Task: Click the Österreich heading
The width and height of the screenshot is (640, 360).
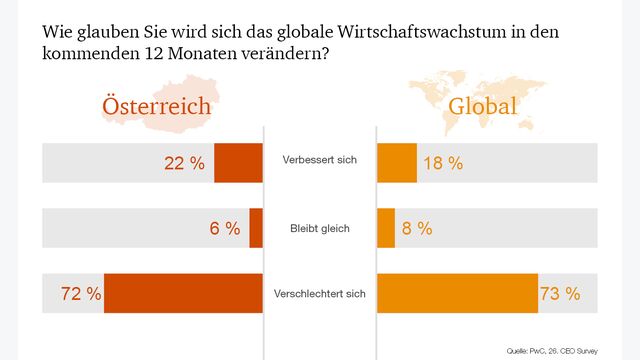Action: pos(154,107)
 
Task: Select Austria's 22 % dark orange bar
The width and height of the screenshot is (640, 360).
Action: pos(238,163)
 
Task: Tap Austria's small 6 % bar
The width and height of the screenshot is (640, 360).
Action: pos(256,228)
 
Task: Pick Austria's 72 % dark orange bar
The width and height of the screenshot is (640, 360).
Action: pos(183,293)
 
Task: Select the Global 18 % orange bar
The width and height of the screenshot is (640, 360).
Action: pos(396,163)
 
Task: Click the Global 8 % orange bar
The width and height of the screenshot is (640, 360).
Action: pos(386,228)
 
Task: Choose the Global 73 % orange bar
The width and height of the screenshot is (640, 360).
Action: pos(457,293)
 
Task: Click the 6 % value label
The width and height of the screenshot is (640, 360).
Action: pos(225,229)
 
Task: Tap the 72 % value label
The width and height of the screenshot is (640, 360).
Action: pos(80,294)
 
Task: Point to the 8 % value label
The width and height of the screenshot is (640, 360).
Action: pos(417,229)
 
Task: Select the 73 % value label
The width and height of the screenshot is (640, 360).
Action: pos(560,294)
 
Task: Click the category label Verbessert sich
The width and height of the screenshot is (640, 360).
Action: pos(319,160)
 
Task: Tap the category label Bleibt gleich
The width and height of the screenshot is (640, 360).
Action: pos(319,228)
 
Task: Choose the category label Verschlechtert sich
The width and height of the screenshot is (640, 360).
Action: pos(319,294)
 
